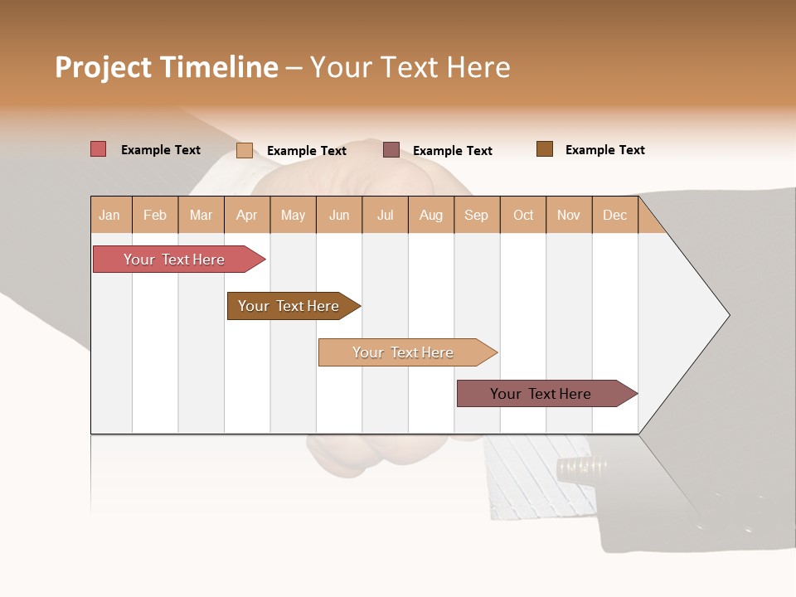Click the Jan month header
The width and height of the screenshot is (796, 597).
109,215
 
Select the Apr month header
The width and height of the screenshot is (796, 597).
246,215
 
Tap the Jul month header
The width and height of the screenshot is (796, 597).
385,215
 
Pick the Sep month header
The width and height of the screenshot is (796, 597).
476,215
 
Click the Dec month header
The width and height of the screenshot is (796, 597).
614,215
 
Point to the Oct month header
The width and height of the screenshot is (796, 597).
523,215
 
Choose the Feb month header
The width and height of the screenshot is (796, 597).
155,215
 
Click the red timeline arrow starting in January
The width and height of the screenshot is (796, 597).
174,260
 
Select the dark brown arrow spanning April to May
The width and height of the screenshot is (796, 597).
289,306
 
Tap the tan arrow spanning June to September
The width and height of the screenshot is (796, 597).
403,352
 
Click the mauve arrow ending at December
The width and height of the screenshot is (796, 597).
541,394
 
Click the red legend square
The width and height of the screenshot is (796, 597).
98,149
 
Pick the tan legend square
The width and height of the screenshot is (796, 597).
244,150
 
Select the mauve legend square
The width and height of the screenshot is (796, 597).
391,149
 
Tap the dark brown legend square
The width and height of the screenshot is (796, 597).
544,149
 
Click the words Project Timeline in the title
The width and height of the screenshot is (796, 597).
166,67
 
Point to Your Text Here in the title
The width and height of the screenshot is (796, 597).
410,67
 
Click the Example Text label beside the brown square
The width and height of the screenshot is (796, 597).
604,149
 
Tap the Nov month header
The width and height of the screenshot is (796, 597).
569,215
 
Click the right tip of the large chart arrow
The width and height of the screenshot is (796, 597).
727,314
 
